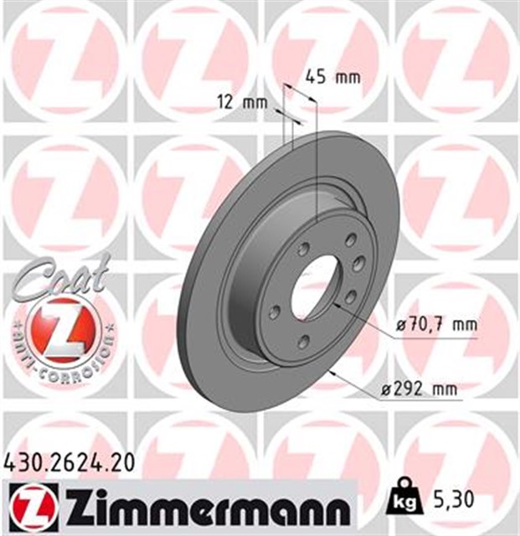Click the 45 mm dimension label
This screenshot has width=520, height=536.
(x=331, y=78)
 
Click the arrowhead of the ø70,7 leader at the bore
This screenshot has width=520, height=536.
(x=335, y=304)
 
